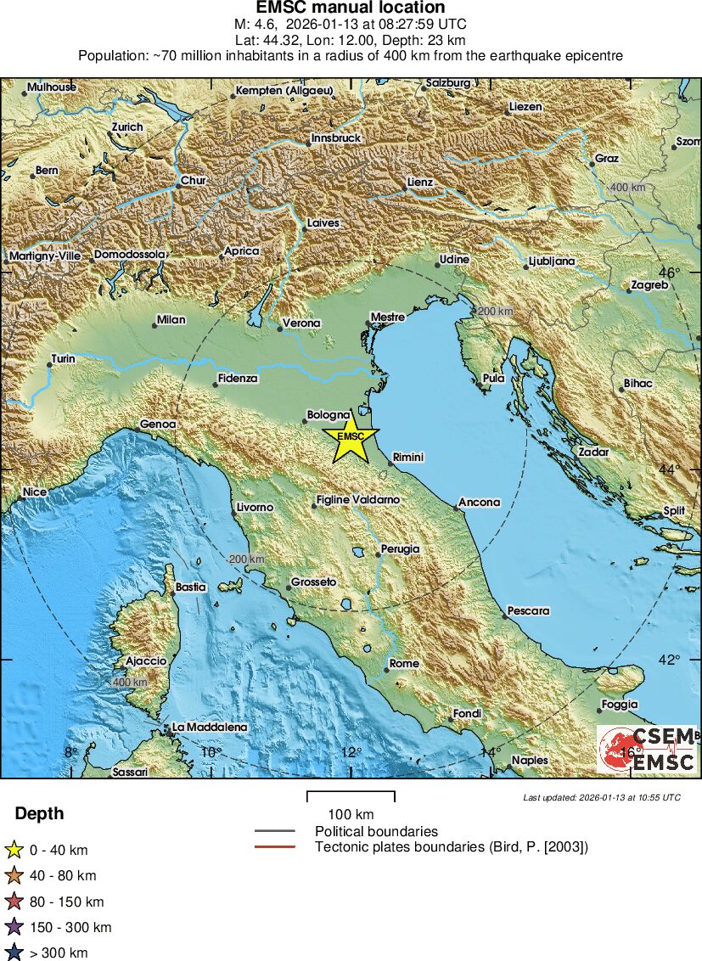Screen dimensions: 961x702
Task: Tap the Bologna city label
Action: coord(329,414)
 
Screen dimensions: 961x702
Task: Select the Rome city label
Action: coord(403,664)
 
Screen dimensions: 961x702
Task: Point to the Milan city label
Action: coord(171,320)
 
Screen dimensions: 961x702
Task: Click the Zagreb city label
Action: coord(649,285)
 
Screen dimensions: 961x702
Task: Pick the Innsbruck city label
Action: coord(336,138)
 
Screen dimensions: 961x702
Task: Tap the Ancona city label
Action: coord(480,503)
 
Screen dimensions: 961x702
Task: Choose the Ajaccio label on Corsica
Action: coord(145,660)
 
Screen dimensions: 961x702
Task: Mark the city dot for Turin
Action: coord(49,366)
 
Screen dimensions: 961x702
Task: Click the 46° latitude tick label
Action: coord(670,273)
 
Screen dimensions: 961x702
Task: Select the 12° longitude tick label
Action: coord(350,752)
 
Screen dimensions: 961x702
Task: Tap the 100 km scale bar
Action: coord(351,796)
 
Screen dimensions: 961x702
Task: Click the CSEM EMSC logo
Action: coord(647,749)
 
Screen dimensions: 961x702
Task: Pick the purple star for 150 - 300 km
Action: coord(14,927)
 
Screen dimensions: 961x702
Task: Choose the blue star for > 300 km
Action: coord(14,953)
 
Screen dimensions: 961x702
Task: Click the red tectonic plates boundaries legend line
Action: coord(274,846)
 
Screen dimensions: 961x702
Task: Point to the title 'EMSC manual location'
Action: coord(351,8)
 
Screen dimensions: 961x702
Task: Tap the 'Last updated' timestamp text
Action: coord(602,797)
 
